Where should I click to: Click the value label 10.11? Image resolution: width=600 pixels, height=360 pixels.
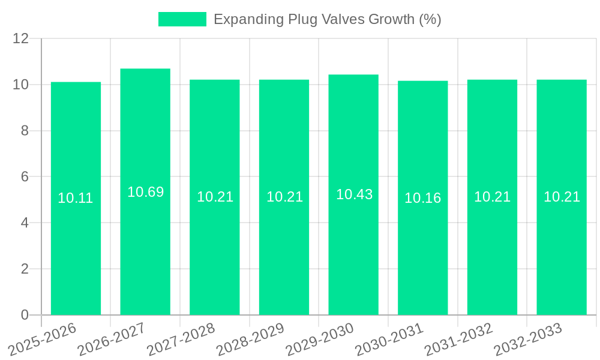pyautogui.click(x=76, y=198)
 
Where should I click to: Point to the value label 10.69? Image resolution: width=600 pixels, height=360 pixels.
pyautogui.click(x=145, y=192)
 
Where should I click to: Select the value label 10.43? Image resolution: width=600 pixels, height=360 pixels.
pyautogui.click(x=354, y=194)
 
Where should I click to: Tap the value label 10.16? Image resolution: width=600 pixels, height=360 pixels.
pyautogui.click(x=422, y=198)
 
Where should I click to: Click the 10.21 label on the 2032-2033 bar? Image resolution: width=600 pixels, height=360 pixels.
pyautogui.click(x=562, y=197)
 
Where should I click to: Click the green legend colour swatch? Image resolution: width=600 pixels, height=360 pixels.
pyautogui.click(x=182, y=19)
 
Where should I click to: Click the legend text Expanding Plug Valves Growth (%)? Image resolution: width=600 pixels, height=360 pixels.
pyautogui.click(x=327, y=19)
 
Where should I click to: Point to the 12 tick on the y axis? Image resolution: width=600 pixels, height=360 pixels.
pyautogui.click(x=21, y=38)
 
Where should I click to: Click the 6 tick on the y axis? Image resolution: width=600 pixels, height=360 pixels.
pyautogui.click(x=25, y=176)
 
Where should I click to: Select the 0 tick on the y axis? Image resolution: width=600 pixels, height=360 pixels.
pyautogui.click(x=25, y=314)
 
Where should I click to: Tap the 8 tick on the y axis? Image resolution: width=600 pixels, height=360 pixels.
pyautogui.click(x=25, y=131)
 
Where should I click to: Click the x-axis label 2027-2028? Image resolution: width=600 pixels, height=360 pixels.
pyautogui.click(x=181, y=340)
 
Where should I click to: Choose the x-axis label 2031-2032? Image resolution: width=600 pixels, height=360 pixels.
pyautogui.click(x=459, y=340)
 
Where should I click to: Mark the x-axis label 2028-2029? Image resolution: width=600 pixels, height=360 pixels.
pyautogui.click(x=251, y=340)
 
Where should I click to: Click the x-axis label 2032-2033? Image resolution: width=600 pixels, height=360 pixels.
pyautogui.click(x=528, y=340)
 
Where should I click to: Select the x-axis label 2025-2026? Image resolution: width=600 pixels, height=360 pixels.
pyautogui.click(x=43, y=340)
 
